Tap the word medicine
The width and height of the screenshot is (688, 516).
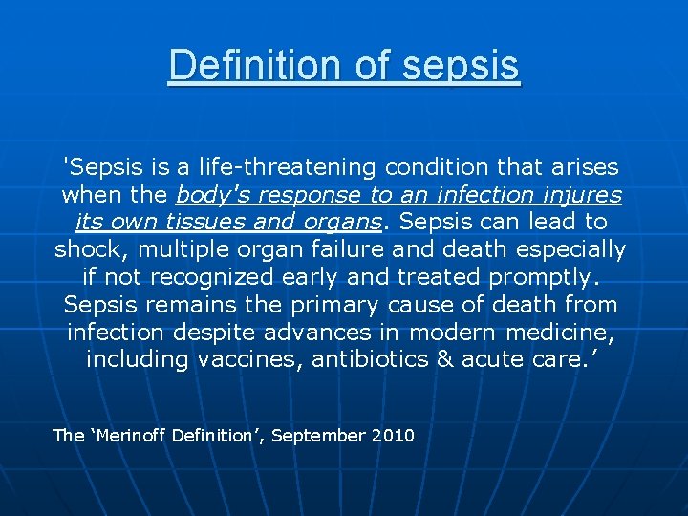pyautogui.click(x=563, y=333)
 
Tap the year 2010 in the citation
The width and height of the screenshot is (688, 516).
pyautogui.click(x=394, y=436)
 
